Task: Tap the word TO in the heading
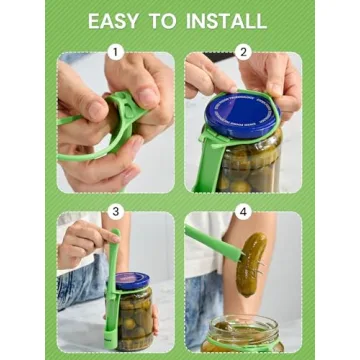167,20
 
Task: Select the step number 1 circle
115,52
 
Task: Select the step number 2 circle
243,52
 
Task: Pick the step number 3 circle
115,211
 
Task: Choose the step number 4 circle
243,211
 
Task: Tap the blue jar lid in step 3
131,281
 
